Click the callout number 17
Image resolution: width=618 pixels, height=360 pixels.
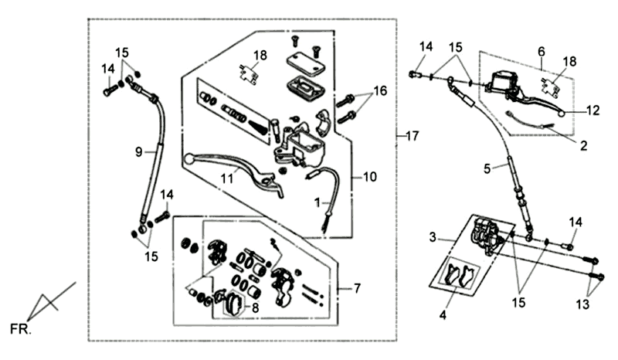coord(412,137)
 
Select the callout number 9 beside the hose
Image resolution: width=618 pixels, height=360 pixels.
coord(139,153)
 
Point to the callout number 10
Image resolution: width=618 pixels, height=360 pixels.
coord(370,178)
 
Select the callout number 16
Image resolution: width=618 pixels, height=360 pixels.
coord(379,91)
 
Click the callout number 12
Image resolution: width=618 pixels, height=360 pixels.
coord(592,110)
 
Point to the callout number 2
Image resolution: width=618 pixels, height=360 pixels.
coord(584,144)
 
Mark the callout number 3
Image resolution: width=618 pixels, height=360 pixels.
coord(433,235)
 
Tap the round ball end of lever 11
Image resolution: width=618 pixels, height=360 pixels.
coord(188,159)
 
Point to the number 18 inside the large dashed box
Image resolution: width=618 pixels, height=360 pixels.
coord(260,55)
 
